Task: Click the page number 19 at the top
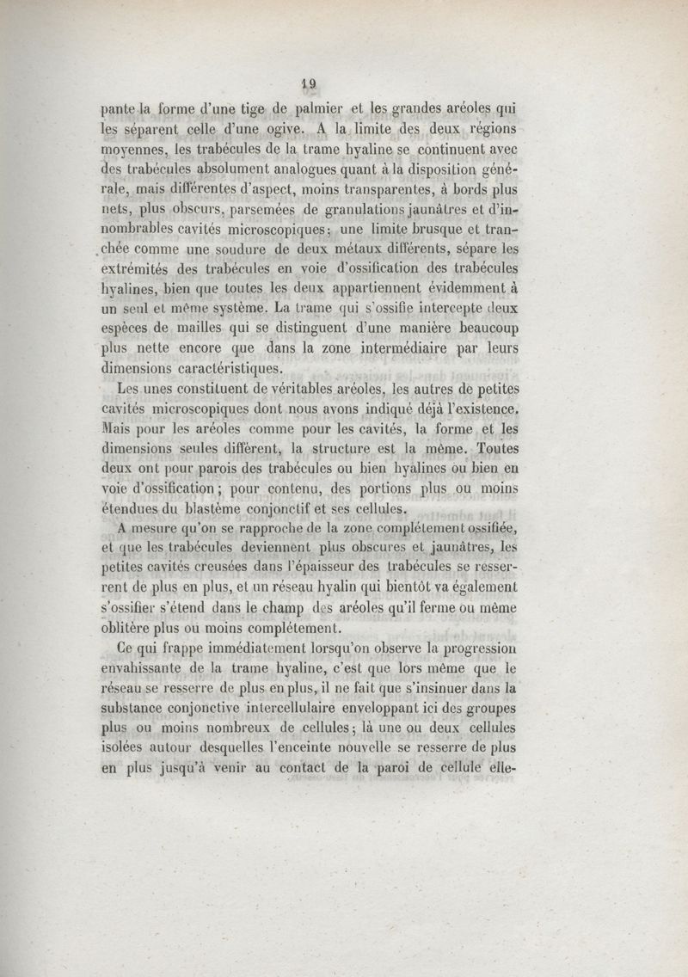[x=310, y=84]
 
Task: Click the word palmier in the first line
[x=307, y=109]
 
